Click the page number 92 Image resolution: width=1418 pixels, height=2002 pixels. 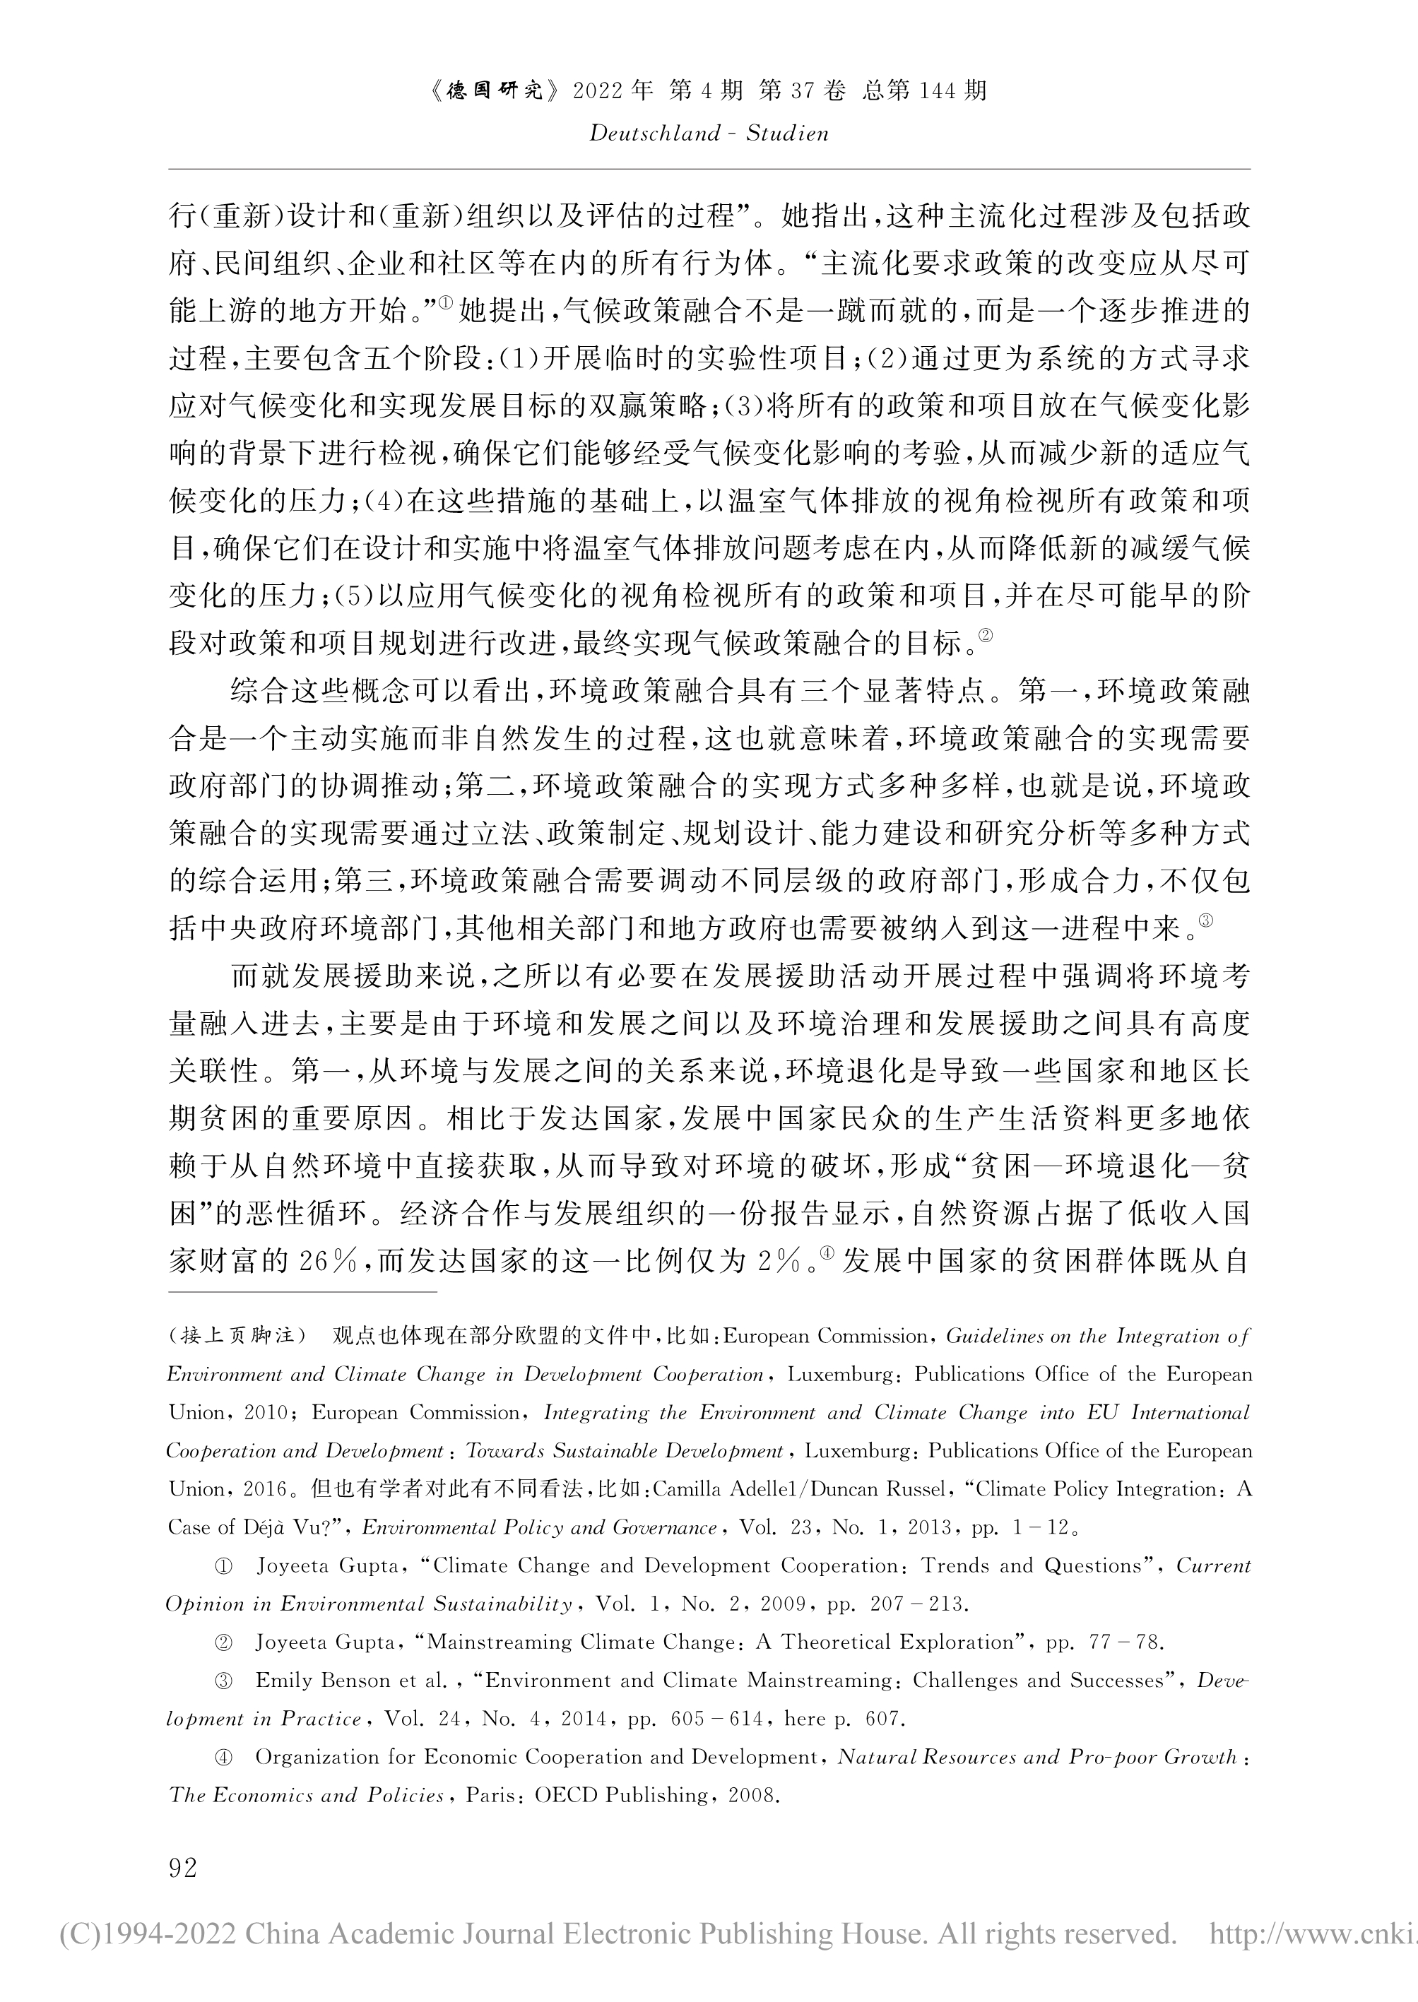tap(184, 1868)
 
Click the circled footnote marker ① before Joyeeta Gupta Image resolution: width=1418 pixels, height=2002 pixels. tap(223, 1565)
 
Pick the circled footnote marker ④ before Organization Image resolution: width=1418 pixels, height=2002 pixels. tap(223, 1757)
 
